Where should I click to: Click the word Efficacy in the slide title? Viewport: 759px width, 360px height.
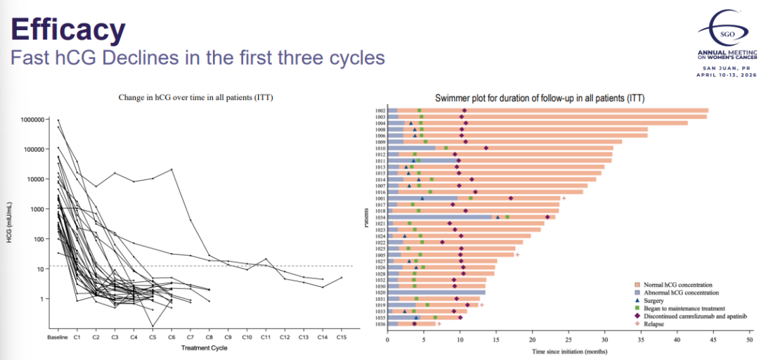[x=68, y=30]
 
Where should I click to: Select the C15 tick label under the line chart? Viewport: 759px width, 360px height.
[x=341, y=338]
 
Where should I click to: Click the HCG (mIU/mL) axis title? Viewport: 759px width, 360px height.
[x=9, y=224]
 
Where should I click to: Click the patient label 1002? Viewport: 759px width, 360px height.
[x=380, y=110]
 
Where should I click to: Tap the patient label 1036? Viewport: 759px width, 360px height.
[x=380, y=323]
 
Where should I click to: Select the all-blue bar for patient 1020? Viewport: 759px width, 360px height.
[x=436, y=292]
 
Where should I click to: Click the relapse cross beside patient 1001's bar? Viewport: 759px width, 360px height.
[x=564, y=198]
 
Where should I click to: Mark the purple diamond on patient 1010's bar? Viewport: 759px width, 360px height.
[x=486, y=148]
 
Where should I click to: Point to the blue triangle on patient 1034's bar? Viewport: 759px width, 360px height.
[x=498, y=217]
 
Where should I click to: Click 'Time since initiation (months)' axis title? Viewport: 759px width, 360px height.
[x=569, y=349]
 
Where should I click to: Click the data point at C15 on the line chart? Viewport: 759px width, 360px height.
[x=341, y=278]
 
